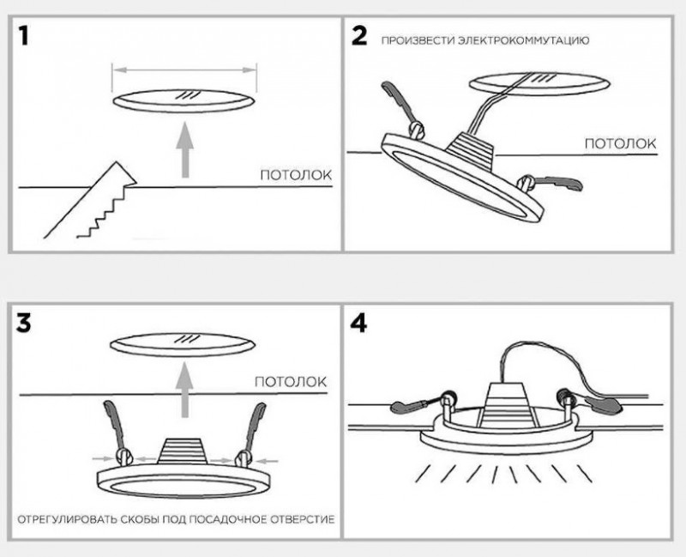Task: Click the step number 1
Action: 29,37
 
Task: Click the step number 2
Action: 359,37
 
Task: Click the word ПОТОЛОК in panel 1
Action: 296,176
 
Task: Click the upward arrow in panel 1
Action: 186,150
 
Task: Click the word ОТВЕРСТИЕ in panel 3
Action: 297,521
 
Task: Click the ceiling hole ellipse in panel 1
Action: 186,99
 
